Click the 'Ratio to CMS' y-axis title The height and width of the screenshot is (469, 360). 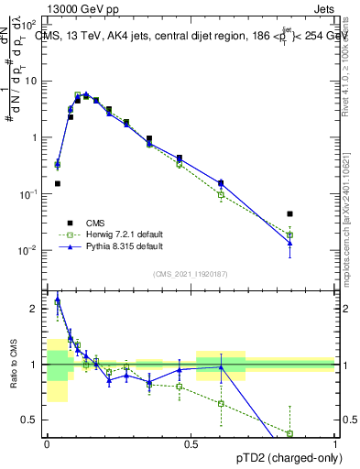coord(12,365)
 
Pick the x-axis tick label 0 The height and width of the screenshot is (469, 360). coord(47,443)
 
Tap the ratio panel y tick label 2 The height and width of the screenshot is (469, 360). coord(33,309)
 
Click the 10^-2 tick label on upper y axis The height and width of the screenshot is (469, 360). coord(29,251)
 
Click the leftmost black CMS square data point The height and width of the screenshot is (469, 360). coord(58,183)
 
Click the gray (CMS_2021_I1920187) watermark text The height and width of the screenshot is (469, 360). coord(191,272)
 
